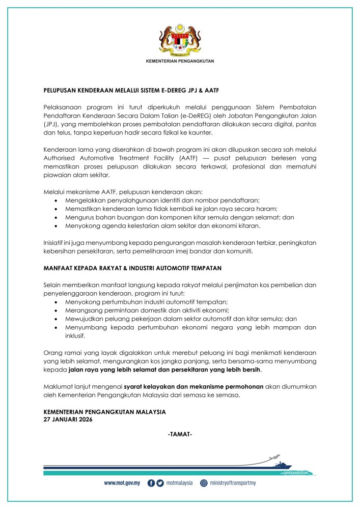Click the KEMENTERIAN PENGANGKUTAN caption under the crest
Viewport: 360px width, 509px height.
180,61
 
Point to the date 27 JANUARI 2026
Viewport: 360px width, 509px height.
68,420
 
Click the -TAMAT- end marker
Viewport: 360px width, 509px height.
179,435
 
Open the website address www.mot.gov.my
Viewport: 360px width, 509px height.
122,483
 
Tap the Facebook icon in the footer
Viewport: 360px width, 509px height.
151,483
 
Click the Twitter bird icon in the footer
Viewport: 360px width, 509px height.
160,483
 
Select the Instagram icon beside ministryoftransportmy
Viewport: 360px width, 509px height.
204,483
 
